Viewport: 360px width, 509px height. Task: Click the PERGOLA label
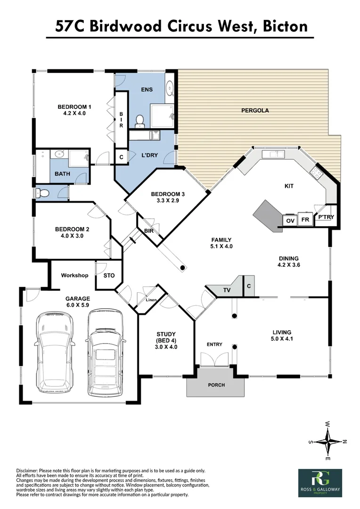click(x=255, y=110)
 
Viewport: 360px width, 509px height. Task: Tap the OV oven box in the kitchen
click(x=290, y=221)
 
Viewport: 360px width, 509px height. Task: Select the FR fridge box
click(x=305, y=220)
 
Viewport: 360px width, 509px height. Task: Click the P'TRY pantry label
click(x=326, y=217)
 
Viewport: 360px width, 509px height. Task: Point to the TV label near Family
click(x=227, y=290)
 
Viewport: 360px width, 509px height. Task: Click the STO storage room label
click(x=109, y=275)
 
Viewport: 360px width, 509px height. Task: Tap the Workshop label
click(x=74, y=275)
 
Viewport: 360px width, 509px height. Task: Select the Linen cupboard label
click(x=151, y=300)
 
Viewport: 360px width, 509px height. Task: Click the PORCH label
click(x=217, y=385)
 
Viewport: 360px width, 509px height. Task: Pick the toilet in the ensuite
click(x=140, y=121)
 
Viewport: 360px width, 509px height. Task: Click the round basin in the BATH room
click(x=59, y=154)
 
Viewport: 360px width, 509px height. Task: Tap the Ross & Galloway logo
click(x=320, y=483)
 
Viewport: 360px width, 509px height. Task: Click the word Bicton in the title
click(x=285, y=26)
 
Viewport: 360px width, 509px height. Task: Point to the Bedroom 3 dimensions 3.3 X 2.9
click(x=168, y=201)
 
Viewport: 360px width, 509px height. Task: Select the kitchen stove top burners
click(x=316, y=173)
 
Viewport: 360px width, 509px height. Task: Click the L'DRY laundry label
click(x=150, y=155)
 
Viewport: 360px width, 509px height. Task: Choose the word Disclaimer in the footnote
click(x=27, y=470)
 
